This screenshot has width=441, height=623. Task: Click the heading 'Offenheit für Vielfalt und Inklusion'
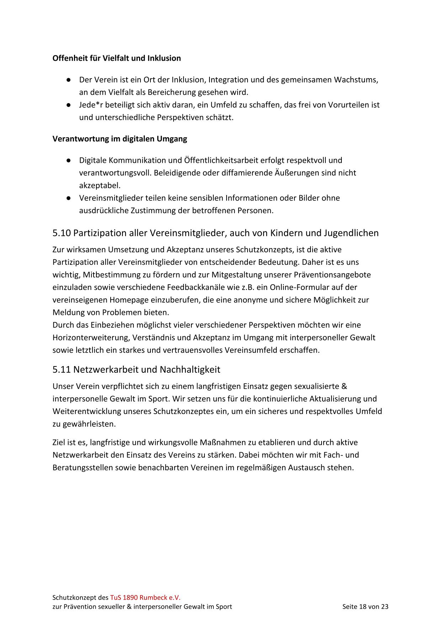click(x=116, y=58)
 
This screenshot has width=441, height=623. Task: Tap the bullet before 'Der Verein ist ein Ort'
click(x=67, y=80)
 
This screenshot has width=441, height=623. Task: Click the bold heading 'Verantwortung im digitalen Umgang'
click(x=119, y=139)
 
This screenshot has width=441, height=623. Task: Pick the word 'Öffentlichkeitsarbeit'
click(x=221, y=160)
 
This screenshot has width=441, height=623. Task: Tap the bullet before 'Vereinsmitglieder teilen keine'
click(x=67, y=198)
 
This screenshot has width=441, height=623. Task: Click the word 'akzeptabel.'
click(x=100, y=186)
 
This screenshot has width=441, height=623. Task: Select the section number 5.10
click(x=62, y=233)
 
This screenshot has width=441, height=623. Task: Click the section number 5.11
click(x=62, y=370)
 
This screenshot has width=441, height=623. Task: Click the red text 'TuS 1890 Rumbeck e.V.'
click(x=145, y=597)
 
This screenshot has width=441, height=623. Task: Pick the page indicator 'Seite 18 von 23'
click(x=365, y=607)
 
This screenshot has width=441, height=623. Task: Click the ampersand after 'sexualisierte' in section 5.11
click(x=344, y=386)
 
